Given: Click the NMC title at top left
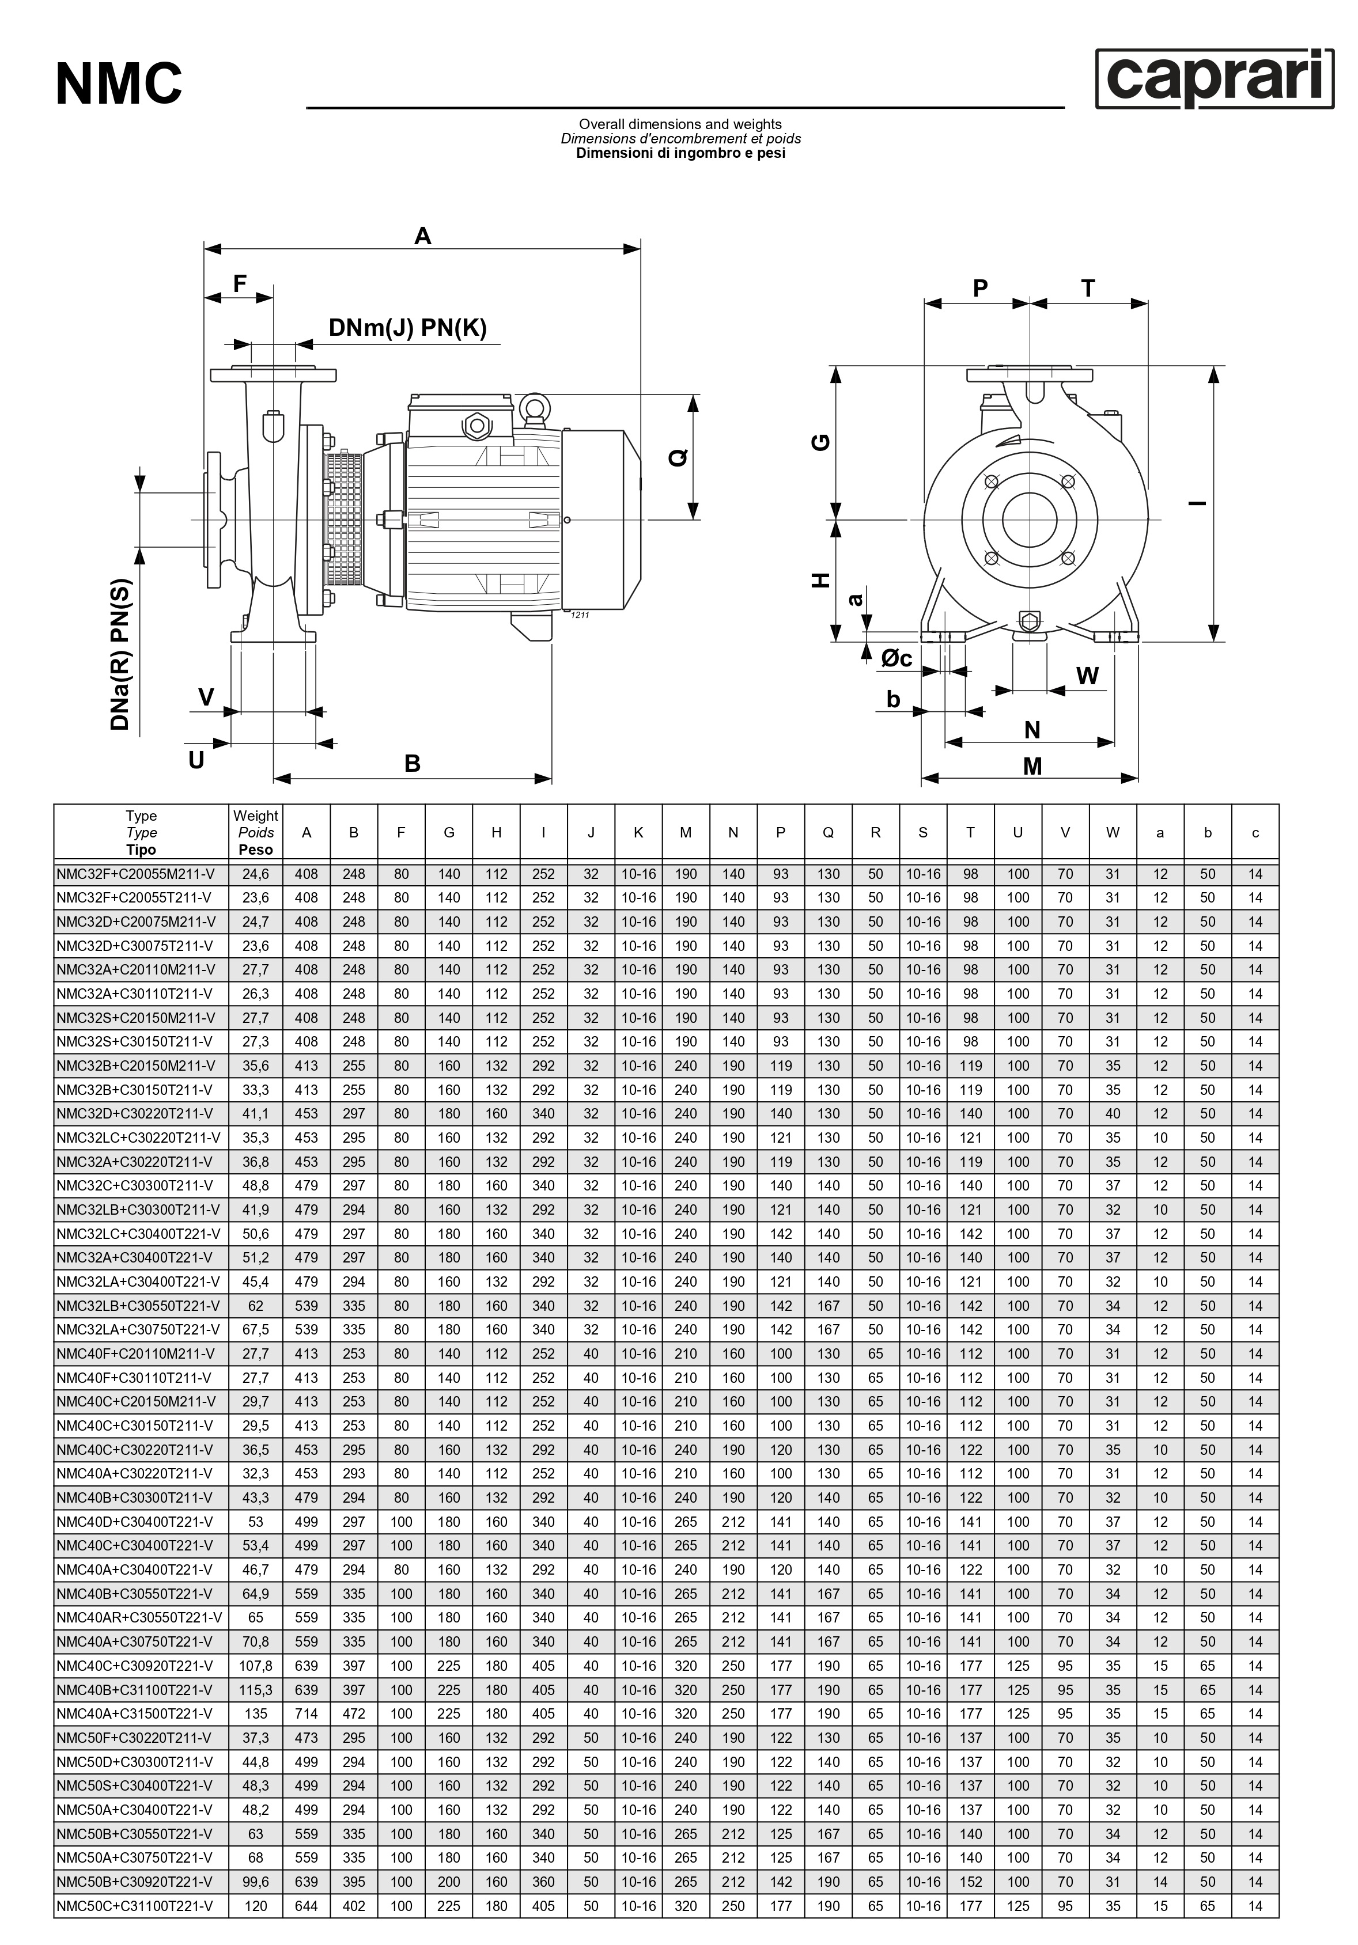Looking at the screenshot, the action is tap(119, 84).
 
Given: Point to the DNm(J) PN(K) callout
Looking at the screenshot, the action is tap(407, 327).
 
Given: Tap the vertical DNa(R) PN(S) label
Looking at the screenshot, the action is tap(121, 654).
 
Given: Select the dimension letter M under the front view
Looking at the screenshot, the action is tap(1032, 766).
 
